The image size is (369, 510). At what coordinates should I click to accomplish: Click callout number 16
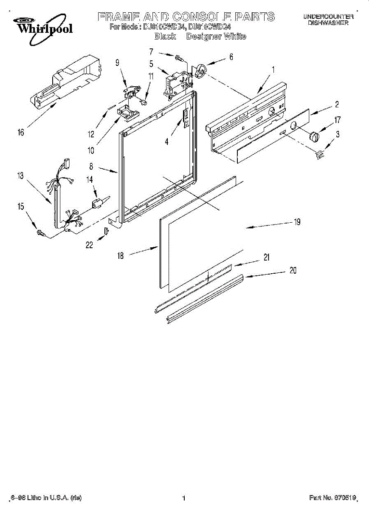[x=21, y=132]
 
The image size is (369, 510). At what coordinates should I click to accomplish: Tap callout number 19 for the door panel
[x=297, y=221]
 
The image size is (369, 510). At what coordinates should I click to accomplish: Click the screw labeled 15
[x=41, y=232]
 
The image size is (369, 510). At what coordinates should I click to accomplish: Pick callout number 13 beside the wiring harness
[x=21, y=176]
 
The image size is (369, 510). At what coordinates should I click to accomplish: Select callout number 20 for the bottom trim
[x=293, y=270]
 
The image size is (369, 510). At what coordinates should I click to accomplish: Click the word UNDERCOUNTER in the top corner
[x=328, y=16]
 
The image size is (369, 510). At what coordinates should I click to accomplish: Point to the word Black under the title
[x=165, y=37]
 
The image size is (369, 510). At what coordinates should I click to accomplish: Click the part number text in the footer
[x=332, y=498]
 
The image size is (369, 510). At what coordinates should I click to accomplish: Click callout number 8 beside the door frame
[x=91, y=167]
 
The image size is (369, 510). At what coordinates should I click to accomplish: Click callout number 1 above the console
[x=273, y=69]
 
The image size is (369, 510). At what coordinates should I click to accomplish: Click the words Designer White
[x=216, y=37]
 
